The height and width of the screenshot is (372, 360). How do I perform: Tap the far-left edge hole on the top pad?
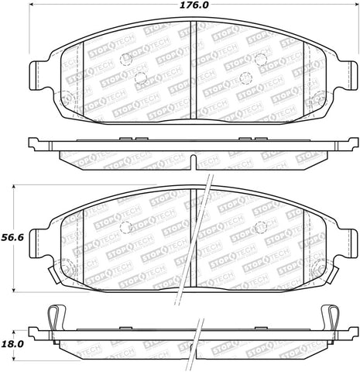tap(66, 98)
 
